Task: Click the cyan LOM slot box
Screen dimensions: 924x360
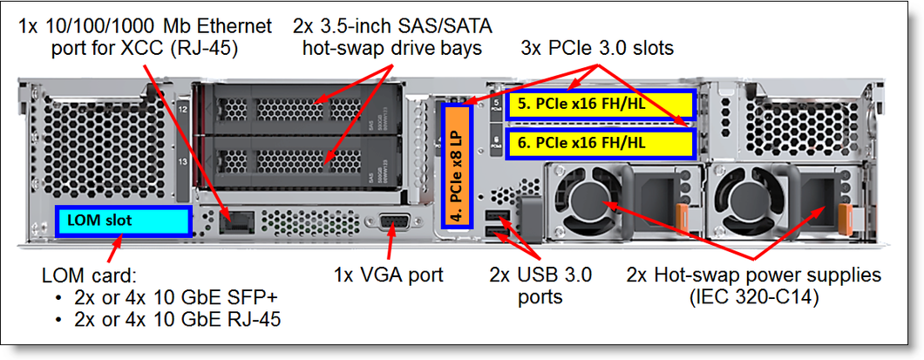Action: tap(123, 221)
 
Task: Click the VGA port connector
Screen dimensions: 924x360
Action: tap(391, 224)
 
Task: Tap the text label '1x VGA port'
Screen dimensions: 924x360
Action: tap(388, 275)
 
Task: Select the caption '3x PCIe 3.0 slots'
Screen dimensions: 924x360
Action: tap(597, 48)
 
